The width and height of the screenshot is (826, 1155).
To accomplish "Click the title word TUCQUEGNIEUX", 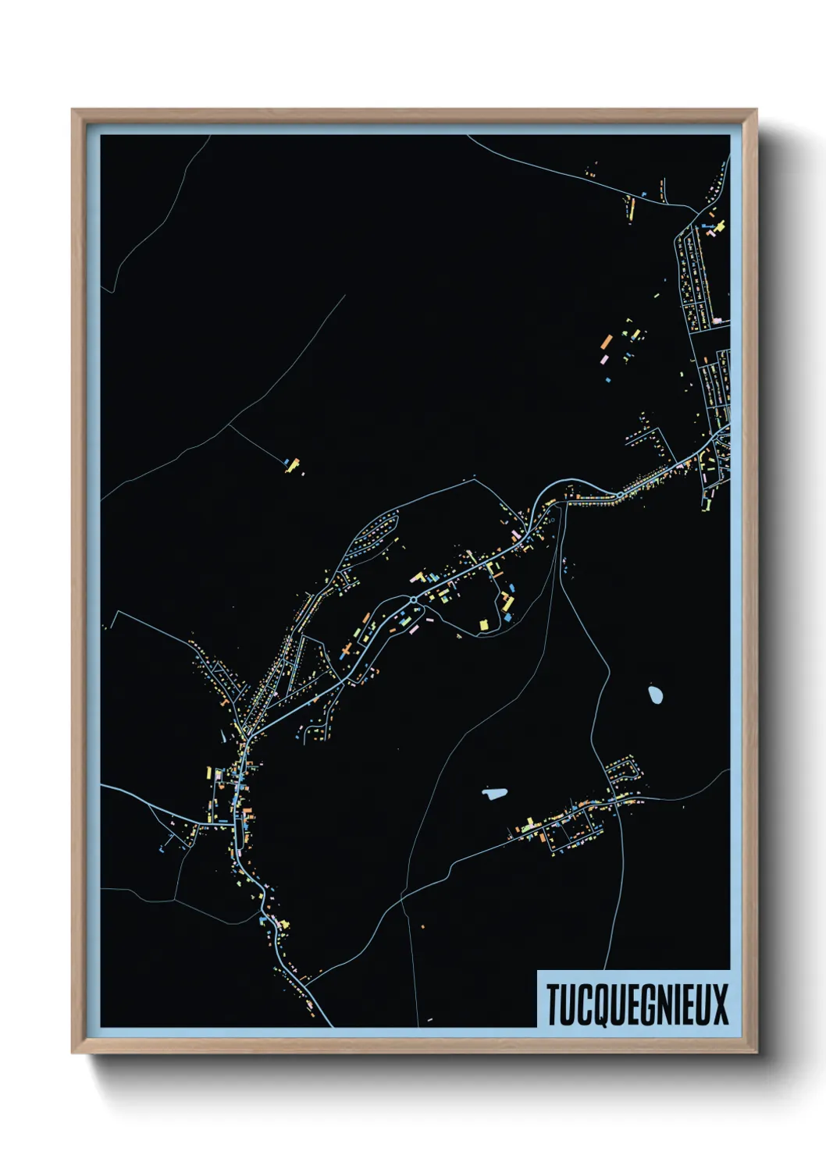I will point(636,1004).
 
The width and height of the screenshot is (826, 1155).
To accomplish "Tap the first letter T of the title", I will point(553,1004).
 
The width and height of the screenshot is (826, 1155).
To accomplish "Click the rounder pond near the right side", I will point(655,693).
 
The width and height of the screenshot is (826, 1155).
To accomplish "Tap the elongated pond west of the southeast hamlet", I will point(494,794).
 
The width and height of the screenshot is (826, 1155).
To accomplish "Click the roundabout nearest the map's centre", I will point(413,599).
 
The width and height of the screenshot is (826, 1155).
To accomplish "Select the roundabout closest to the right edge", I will point(619,494).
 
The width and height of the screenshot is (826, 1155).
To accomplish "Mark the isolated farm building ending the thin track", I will point(293,465).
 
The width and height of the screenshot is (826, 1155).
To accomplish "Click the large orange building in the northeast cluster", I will point(607,342).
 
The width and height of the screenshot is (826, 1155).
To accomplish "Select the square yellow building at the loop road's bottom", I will point(482,624).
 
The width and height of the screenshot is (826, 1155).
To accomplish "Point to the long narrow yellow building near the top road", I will point(632,208).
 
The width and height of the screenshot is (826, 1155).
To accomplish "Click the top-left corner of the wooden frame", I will point(73,110).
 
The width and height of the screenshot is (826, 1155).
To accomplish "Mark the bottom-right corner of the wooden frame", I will point(756,1052).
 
